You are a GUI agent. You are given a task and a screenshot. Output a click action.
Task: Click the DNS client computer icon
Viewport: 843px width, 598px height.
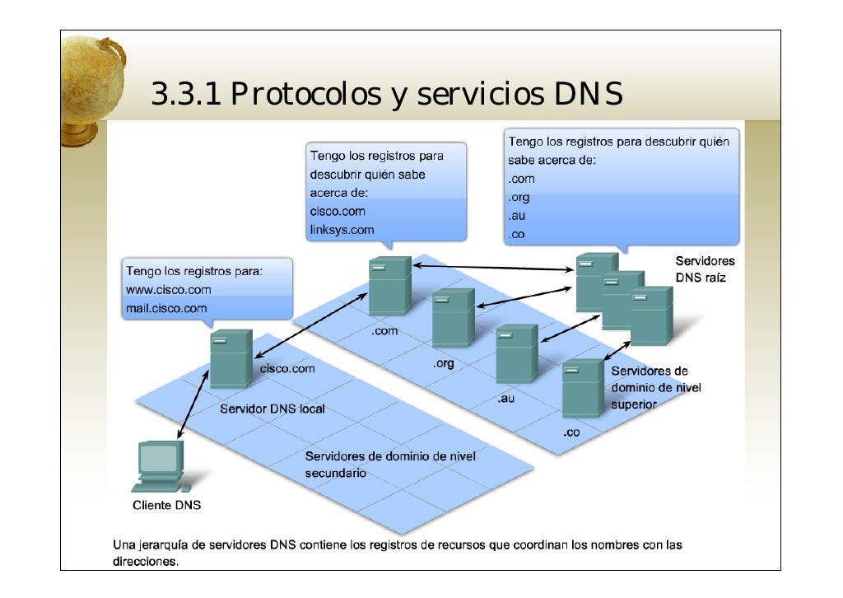(161, 465)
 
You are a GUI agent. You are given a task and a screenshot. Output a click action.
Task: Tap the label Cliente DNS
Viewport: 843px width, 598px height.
(167, 505)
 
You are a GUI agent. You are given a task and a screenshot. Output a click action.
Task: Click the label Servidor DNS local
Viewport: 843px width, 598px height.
(272, 409)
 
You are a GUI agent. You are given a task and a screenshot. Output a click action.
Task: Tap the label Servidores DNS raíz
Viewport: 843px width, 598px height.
(706, 269)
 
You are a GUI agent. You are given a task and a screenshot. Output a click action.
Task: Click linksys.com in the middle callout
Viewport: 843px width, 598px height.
(341, 230)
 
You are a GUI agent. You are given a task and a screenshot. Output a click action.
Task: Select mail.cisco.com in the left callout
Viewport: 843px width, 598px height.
(166, 308)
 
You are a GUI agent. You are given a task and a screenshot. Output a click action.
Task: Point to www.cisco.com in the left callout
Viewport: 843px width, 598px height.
(168, 290)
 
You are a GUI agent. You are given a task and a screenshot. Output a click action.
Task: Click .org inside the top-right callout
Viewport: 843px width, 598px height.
(519, 197)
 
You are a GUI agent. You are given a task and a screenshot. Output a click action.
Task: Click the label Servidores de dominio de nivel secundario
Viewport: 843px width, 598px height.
(390, 465)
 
